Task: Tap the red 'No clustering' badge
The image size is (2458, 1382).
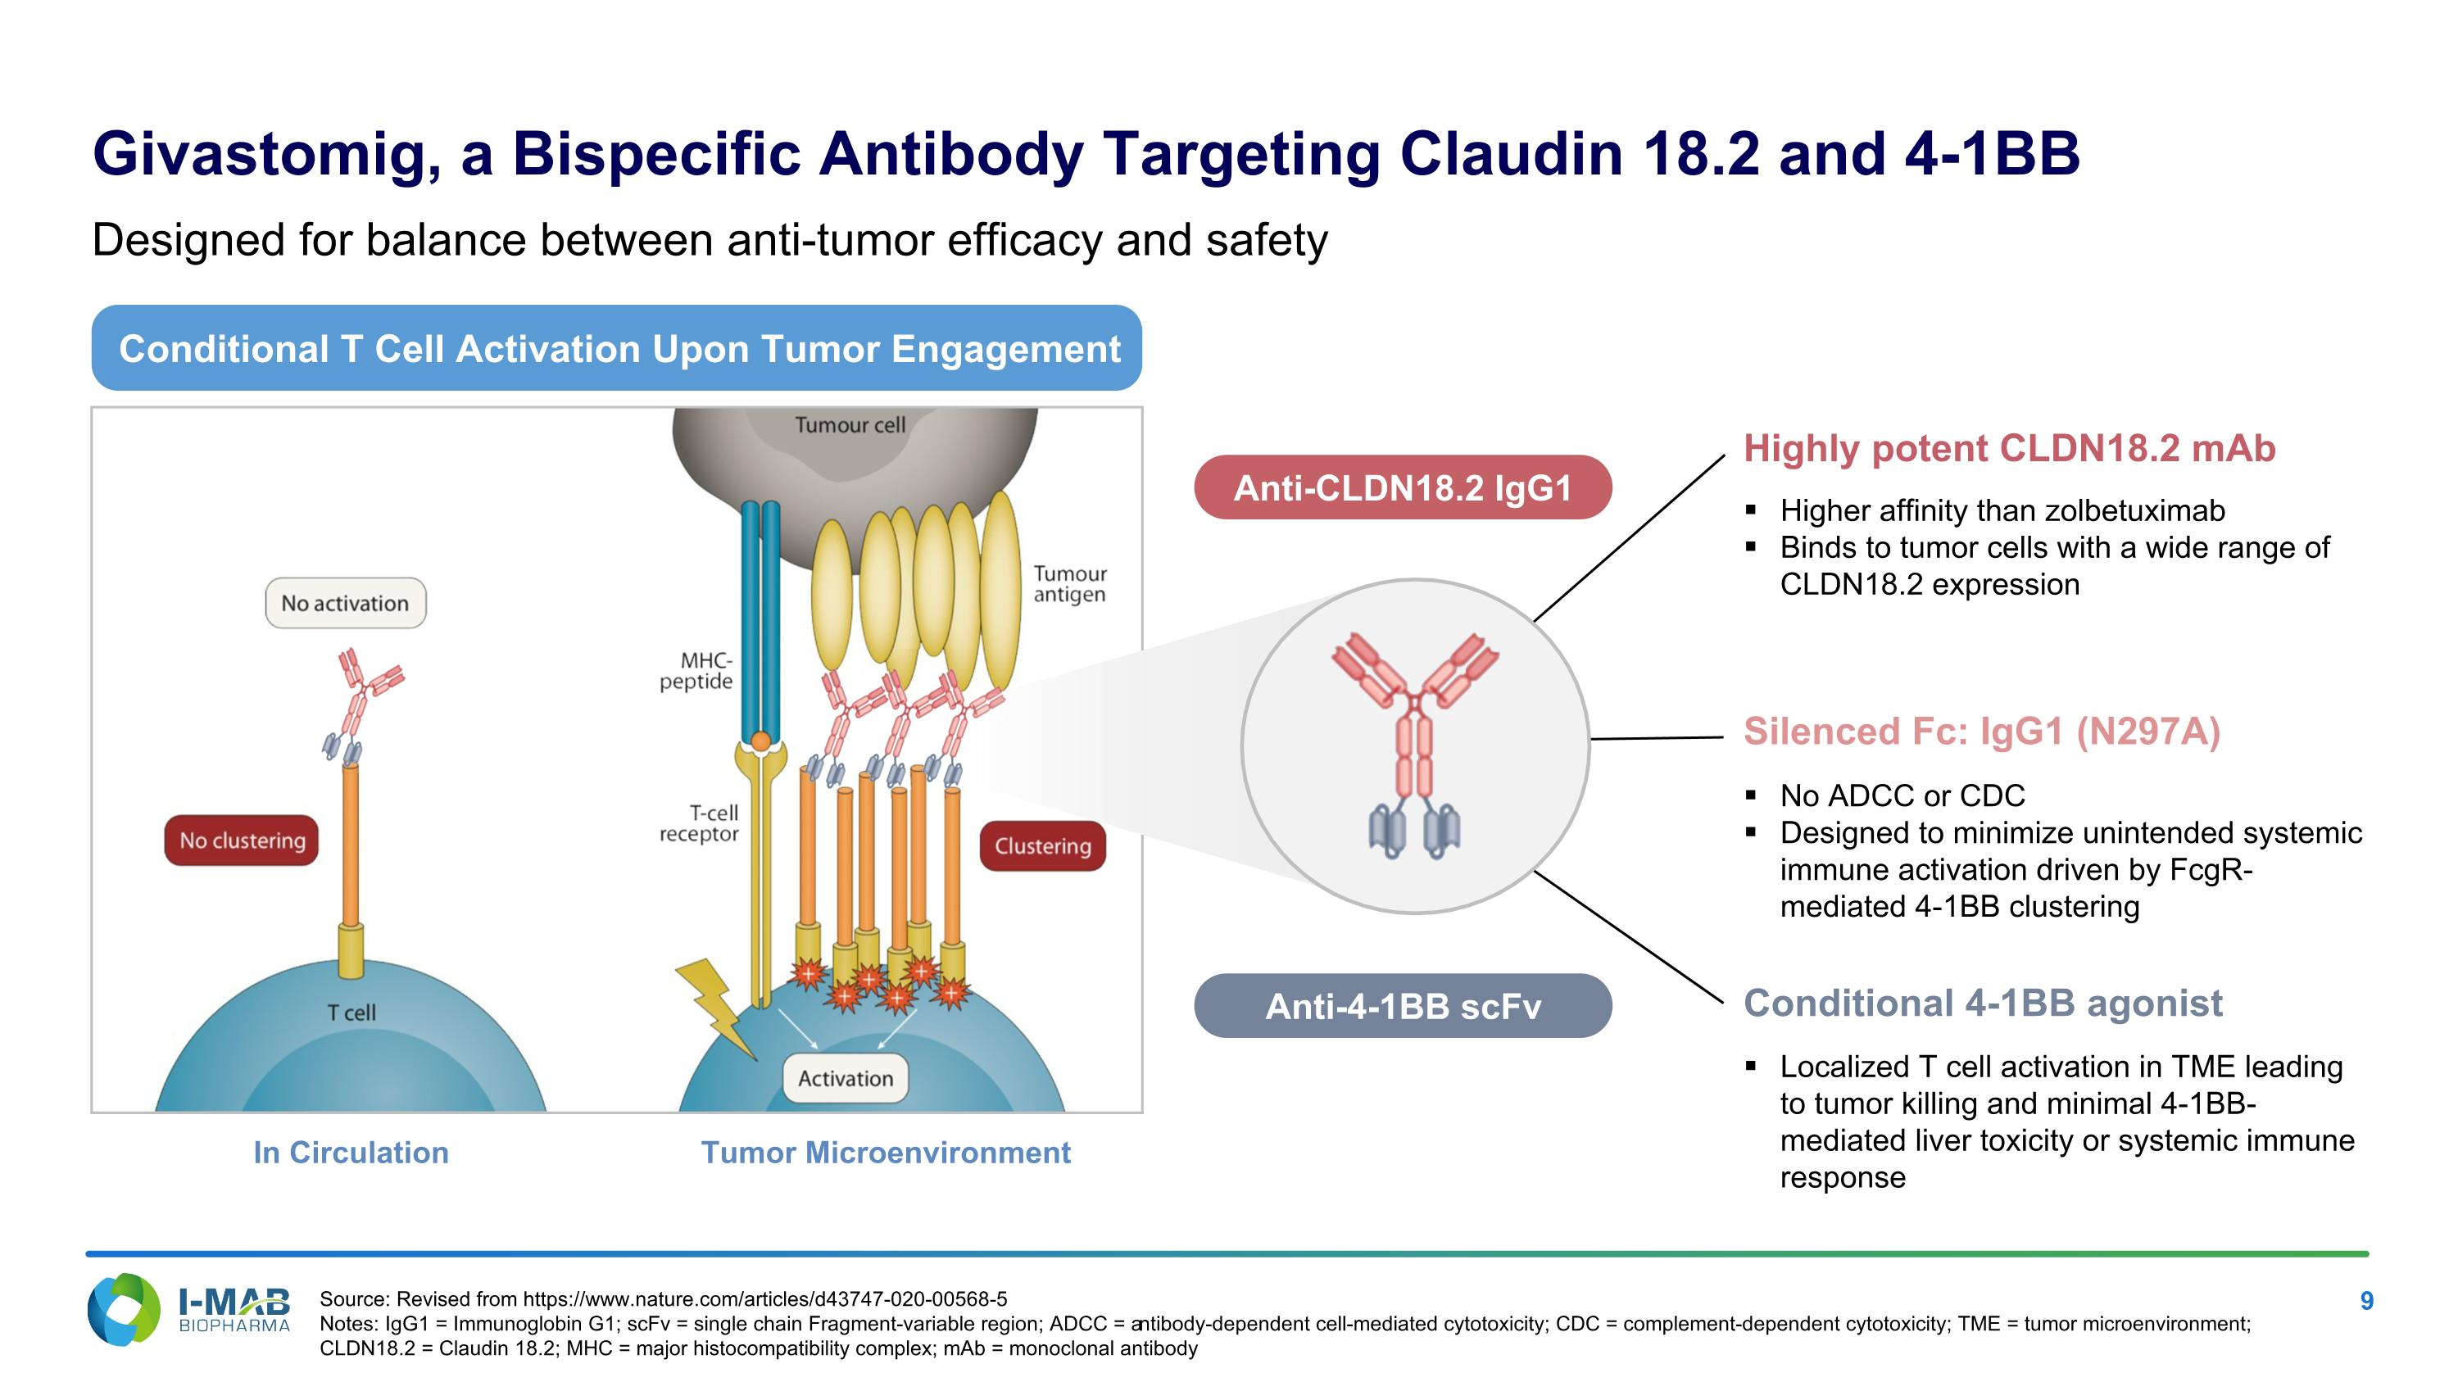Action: point(242,841)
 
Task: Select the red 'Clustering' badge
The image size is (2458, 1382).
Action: point(1042,846)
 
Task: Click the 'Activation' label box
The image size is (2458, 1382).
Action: point(846,1078)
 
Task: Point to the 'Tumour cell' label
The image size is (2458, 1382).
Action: point(849,424)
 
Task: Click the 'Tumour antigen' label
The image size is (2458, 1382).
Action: point(1070,584)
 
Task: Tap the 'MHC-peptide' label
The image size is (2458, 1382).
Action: point(696,670)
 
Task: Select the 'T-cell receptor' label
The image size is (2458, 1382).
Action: point(700,823)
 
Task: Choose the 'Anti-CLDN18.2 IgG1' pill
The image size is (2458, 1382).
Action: point(1402,487)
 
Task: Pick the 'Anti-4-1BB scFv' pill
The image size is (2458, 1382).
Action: point(1402,1006)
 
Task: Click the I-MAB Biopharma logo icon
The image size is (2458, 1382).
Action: point(124,1310)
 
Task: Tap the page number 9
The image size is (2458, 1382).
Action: point(2366,1301)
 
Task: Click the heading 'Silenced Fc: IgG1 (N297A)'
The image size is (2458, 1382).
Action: point(1981,732)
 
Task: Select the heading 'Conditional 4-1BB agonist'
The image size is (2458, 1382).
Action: point(1982,1004)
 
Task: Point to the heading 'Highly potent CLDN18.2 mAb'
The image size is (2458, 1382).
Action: point(2008,448)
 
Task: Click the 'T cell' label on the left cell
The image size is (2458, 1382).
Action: point(351,1012)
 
